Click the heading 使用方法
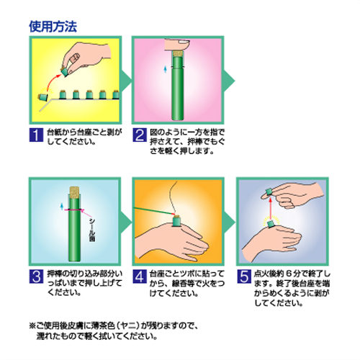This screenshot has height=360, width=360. pyautogui.click(x=53, y=27)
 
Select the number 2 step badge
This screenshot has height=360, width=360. pyautogui.click(x=140, y=135)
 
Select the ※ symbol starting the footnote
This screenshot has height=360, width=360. pyautogui.click(x=32, y=325)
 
